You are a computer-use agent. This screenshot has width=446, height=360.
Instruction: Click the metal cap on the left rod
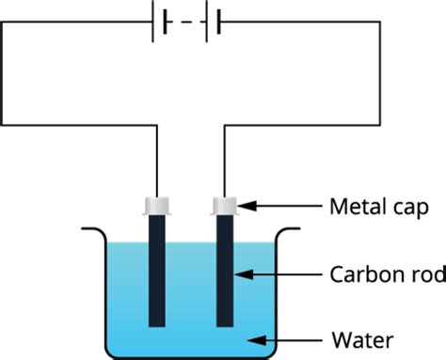click(x=155, y=204)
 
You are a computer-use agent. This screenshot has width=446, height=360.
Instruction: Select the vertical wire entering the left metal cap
click(x=155, y=160)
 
